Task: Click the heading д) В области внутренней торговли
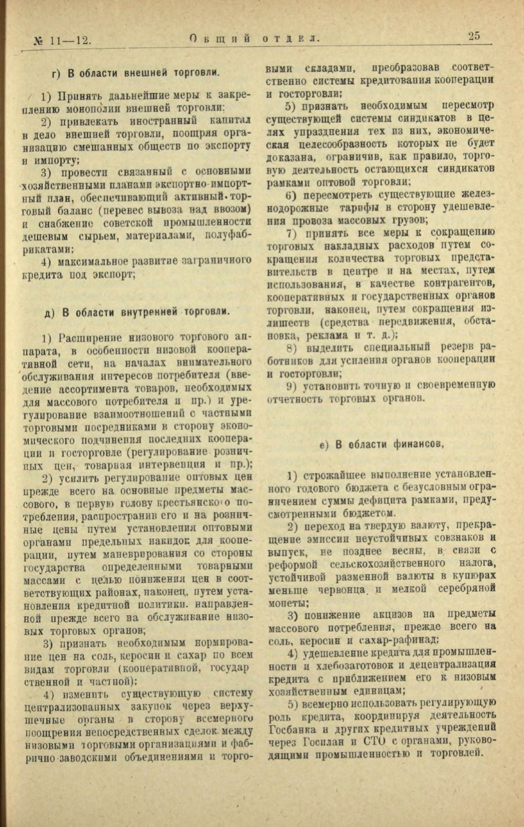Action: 137,311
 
